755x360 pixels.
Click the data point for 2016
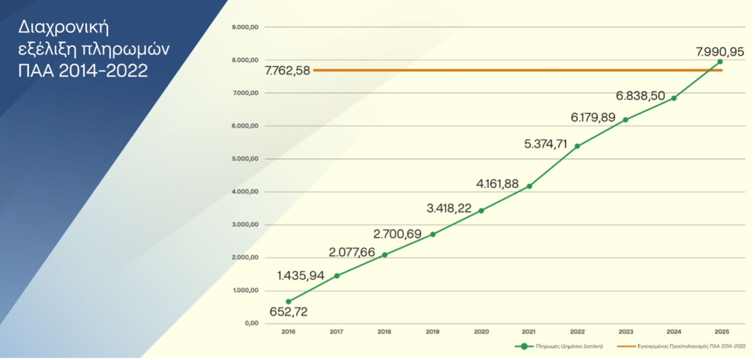pyautogui.click(x=288, y=302)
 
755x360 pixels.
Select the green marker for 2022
pyautogui.click(x=577, y=146)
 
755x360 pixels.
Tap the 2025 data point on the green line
pyautogui.click(x=720, y=62)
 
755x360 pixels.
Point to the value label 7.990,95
pyautogui.click(x=720, y=52)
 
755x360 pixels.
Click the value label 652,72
pyautogui.click(x=288, y=312)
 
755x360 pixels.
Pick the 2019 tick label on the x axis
pyautogui.click(x=432, y=332)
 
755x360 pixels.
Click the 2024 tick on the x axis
pyautogui.click(x=673, y=332)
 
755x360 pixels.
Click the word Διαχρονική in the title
pyautogui.click(x=63, y=27)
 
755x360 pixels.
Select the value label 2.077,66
pyautogui.click(x=352, y=252)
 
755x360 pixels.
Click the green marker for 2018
pyautogui.click(x=384, y=255)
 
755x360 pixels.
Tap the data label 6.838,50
pyautogui.click(x=641, y=96)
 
